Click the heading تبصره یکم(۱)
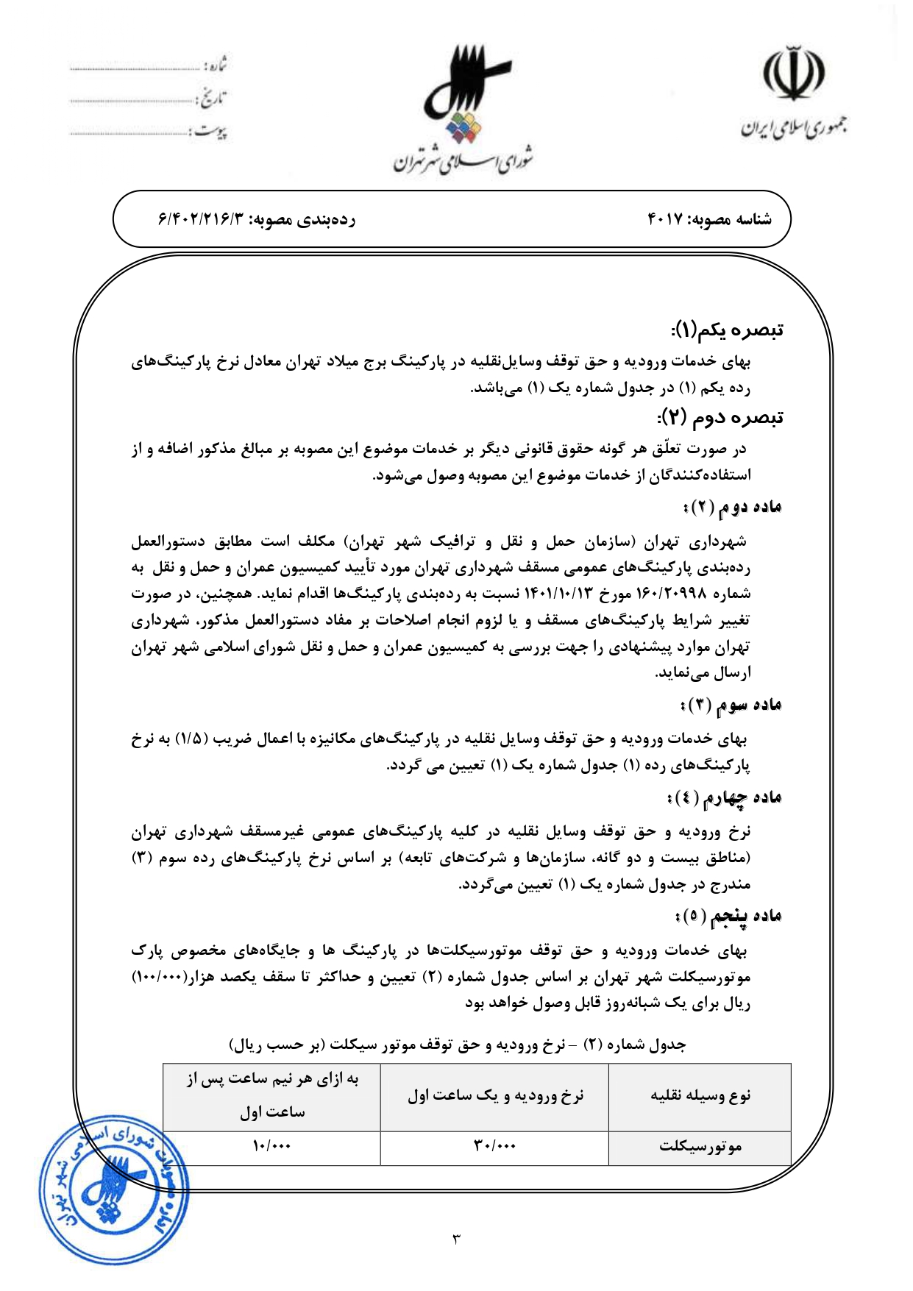point(727,330)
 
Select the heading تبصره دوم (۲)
point(720,417)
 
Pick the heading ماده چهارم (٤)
point(724,797)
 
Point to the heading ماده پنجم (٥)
point(728,916)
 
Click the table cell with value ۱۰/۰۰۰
point(271,1146)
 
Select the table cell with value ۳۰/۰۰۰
point(494,1146)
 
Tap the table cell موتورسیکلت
point(700,1146)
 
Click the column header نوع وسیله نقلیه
point(700,1096)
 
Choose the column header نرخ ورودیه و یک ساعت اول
point(494,1096)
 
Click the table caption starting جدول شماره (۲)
point(457,1045)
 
